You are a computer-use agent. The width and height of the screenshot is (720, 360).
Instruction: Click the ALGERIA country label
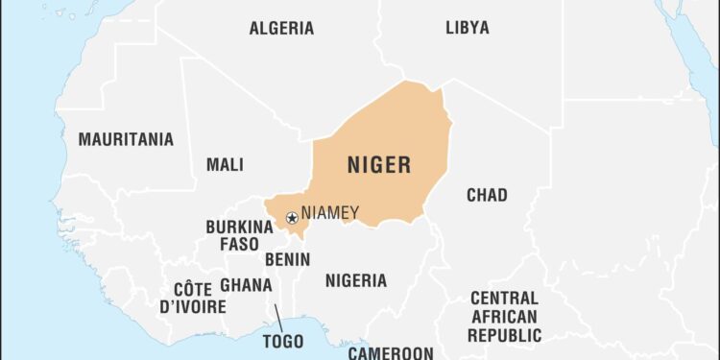pyautogui.click(x=281, y=28)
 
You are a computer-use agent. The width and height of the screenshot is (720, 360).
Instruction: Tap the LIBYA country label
pyautogui.click(x=467, y=28)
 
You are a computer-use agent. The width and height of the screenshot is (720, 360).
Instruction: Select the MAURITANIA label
pyautogui.click(x=126, y=139)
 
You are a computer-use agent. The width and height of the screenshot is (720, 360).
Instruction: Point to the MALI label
pyautogui.click(x=225, y=164)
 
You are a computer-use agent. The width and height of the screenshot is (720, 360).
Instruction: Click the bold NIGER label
pyautogui.click(x=378, y=165)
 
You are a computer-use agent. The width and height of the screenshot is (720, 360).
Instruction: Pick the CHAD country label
pyautogui.click(x=487, y=195)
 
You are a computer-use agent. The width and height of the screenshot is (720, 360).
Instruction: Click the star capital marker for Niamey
pyautogui.click(x=292, y=218)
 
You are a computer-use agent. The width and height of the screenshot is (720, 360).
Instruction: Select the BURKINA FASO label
pyautogui.click(x=239, y=235)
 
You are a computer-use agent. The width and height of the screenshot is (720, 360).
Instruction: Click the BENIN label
pyautogui.click(x=287, y=259)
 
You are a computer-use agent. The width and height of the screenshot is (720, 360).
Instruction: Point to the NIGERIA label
pyautogui.click(x=355, y=280)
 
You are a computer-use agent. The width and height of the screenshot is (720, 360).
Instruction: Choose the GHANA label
pyautogui.click(x=246, y=285)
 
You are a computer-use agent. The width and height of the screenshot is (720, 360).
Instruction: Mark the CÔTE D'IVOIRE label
pyautogui.click(x=200, y=298)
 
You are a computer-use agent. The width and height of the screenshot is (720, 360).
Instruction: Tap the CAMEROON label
pyautogui.click(x=391, y=352)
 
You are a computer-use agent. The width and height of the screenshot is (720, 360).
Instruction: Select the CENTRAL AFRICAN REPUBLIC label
pyautogui.click(x=504, y=317)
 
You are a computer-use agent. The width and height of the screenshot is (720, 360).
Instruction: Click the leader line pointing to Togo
pyautogui.click(x=276, y=318)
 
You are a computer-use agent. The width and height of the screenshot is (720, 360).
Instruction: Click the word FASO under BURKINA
pyautogui.click(x=239, y=244)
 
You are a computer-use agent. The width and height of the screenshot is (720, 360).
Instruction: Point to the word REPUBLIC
pyautogui.click(x=504, y=335)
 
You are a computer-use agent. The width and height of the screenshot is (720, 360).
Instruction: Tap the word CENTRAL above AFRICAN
pyautogui.click(x=504, y=298)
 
